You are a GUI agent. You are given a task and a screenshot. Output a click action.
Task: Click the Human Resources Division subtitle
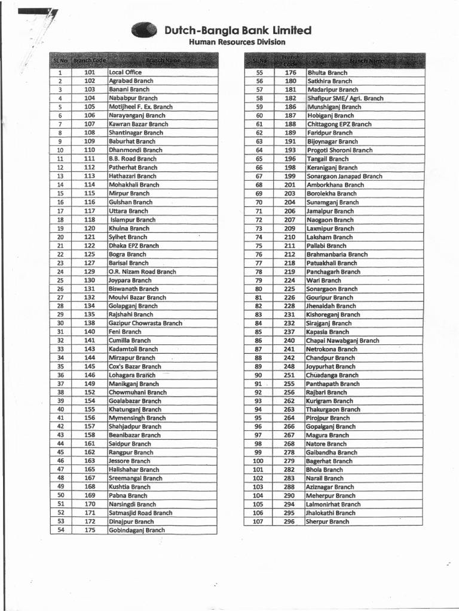[237, 42]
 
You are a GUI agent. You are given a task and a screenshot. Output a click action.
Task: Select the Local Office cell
[126, 72]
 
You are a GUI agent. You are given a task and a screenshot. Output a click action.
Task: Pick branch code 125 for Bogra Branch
[90, 254]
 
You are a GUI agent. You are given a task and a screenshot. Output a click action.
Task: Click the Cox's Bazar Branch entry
[135, 366]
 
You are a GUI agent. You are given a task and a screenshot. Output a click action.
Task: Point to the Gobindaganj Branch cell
[137, 530]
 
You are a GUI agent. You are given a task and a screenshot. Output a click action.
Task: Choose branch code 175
[90, 530]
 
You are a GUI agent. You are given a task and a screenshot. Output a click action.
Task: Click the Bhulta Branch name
[327, 72]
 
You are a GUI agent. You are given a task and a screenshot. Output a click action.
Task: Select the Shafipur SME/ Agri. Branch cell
[345, 98]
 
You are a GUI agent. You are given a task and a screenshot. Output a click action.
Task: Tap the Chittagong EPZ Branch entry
[339, 124]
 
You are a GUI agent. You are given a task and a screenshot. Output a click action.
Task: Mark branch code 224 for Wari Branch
[289, 280]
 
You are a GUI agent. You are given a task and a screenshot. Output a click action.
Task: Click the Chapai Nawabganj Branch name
[343, 341]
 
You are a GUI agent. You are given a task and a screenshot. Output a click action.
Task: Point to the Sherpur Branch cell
[328, 521]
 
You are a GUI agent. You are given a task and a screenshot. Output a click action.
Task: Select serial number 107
[258, 521]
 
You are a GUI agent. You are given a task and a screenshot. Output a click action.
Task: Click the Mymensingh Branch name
[137, 418]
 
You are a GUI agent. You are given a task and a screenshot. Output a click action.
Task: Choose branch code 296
[289, 521]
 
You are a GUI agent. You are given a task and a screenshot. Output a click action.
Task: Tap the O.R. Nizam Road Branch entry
[143, 271]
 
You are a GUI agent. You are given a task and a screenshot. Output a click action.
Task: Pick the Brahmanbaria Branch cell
[338, 254]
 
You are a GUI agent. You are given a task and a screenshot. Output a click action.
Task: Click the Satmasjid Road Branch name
[140, 513]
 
